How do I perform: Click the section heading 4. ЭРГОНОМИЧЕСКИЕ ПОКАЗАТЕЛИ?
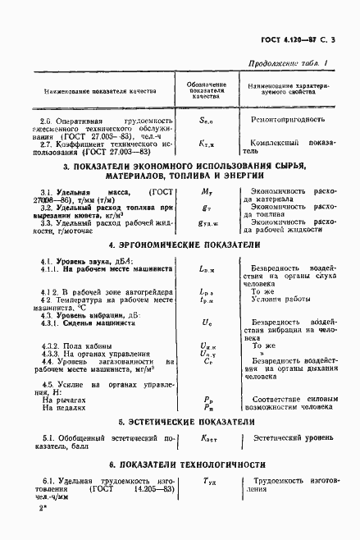click(180, 245)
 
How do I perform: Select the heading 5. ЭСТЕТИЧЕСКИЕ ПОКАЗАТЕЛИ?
click(180, 421)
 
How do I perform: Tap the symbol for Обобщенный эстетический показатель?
click(207, 441)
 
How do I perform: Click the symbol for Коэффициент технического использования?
click(207, 144)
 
